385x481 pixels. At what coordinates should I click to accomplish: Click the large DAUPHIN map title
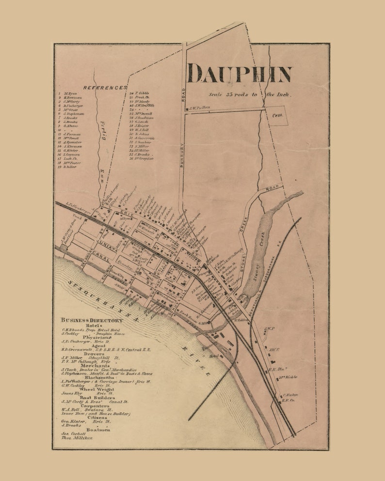240,74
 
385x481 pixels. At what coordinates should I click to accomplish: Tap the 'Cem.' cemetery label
279,116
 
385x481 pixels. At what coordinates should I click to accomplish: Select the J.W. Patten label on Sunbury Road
199,108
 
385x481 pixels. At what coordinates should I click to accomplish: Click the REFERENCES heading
105,88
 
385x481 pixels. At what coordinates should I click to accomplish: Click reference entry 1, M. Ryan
70,93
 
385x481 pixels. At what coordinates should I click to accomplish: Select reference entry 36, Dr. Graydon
144,158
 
